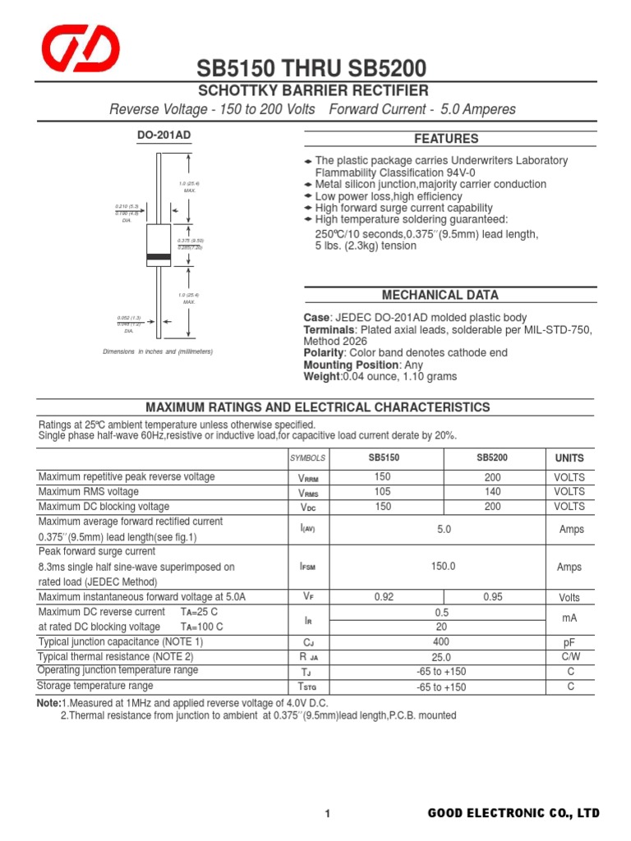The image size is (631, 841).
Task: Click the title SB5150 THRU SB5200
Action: coord(311,69)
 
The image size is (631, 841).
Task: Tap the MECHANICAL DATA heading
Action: coord(440,295)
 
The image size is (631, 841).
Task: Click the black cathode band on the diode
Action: coord(158,257)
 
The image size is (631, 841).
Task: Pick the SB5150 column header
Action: coord(384,457)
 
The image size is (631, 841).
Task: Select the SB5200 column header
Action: coord(491,457)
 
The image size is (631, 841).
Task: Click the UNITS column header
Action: coord(569,458)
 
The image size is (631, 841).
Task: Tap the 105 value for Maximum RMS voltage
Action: coord(383,492)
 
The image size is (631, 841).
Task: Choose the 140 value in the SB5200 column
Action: coord(492,492)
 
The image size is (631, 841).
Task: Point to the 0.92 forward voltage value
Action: coord(383,597)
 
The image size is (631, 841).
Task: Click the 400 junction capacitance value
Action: coord(441,641)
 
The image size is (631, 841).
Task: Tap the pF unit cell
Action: coord(569,641)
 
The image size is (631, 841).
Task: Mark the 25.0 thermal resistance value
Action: coord(441,657)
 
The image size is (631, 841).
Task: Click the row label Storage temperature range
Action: coord(95,686)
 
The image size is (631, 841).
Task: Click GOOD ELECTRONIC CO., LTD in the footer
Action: coord(514,813)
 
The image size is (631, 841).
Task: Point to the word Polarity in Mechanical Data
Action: coord(324,352)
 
